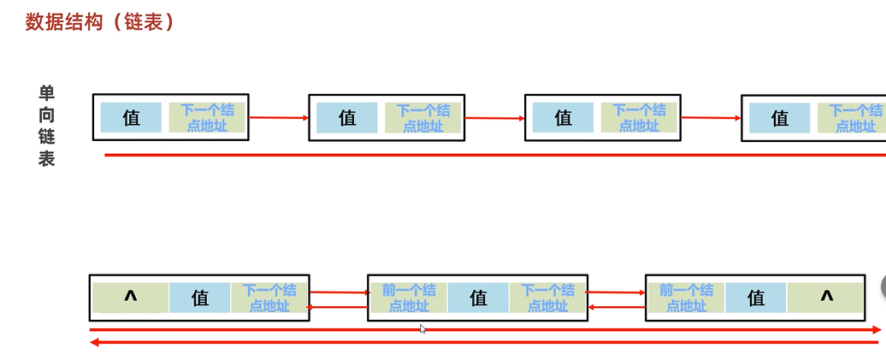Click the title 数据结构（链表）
pos(100,22)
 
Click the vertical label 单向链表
pos(46,126)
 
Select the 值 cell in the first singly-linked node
pos(131,118)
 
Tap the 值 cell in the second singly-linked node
pos(347,118)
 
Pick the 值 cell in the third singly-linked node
pos(563,118)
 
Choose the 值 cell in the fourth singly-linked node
pos(780,118)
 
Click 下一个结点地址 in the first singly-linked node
pos(207,118)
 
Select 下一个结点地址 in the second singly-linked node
pos(423,118)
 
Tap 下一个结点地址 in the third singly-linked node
pos(640,118)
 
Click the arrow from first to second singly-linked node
pos(279,117)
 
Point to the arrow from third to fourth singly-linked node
pos(712,117)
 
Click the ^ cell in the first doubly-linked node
pos(131,298)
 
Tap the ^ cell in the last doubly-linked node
pos(826,298)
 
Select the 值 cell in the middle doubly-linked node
pos(478,298)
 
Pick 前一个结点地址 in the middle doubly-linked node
pos(408,298)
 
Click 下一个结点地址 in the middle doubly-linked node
pos(548,298)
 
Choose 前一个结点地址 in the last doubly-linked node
pos(686,298)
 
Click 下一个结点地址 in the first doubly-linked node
pos(269,298)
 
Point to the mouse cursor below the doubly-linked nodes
pos(423,328)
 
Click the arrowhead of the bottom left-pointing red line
pos(95,343)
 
